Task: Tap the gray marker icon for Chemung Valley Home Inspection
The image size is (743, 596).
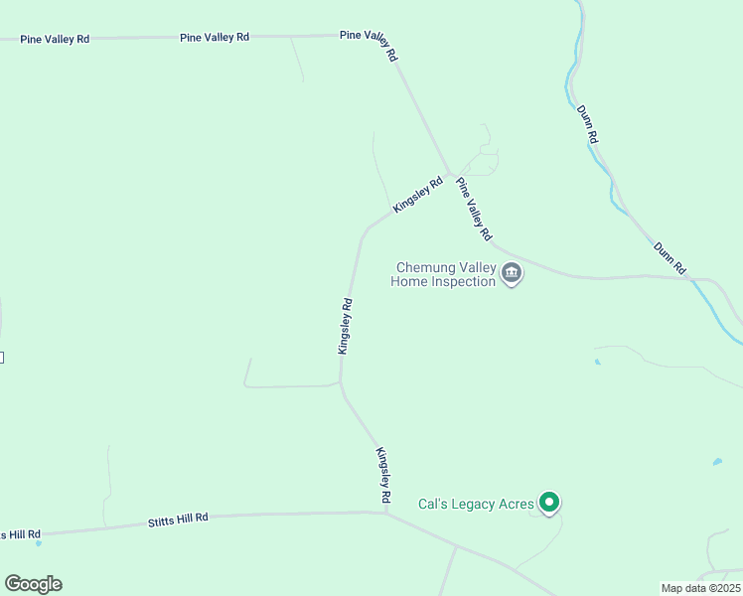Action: (512, 273)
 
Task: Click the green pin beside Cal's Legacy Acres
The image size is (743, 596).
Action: (548, 503)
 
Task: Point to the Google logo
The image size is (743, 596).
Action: (33, 584)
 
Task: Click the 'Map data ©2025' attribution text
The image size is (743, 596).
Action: (700, 588)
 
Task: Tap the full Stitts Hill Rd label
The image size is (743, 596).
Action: (178, 519)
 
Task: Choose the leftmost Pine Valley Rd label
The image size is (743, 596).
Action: (55, 39)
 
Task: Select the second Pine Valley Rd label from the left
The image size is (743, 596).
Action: (215, 37)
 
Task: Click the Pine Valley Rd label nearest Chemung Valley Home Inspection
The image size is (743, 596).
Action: (474, 209)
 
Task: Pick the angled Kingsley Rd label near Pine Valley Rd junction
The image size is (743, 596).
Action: (417, 195)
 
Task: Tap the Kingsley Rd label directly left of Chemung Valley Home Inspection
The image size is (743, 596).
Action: (346, 326)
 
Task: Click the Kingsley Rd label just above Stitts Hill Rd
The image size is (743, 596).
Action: (383, 474)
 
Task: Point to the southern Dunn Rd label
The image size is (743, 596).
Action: (669, 257)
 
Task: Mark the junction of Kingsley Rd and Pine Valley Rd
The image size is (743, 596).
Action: (450, 175)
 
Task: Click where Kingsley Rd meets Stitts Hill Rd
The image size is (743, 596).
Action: (386, 514)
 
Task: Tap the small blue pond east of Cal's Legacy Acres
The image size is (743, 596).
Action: (717, 462)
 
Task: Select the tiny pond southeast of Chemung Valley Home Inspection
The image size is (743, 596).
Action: (596, 362)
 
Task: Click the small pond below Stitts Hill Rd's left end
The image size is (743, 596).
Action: (39, 543)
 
